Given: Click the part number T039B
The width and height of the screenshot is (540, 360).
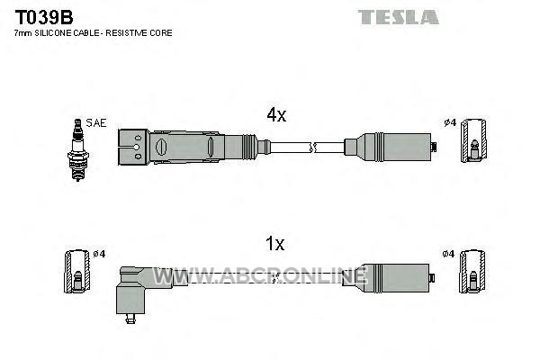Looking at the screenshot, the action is (x=44, y=17).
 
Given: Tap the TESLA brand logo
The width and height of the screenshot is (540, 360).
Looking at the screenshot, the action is (x=398, y=17).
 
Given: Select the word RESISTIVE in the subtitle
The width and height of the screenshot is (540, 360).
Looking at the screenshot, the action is (x=126, y=33).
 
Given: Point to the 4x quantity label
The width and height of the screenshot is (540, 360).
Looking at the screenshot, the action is (x=276, y=114).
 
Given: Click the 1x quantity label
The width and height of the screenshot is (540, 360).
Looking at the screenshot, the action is (x=274, y=244).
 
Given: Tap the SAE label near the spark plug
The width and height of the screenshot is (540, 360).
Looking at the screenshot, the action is (x=96, y=123).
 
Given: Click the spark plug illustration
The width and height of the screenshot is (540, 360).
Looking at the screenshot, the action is (x=77, y=150).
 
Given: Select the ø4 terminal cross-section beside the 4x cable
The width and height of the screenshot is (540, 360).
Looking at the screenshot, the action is (x=474, y=141).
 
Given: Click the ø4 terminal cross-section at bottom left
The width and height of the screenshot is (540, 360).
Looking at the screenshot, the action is (x=77, y=272).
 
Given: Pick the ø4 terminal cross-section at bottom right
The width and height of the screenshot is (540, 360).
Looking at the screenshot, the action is (x=472, y=272).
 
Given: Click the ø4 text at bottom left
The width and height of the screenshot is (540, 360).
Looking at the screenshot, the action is (x=99, y=254).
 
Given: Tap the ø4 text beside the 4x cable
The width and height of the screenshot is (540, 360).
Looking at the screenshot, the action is (x=450, y=122).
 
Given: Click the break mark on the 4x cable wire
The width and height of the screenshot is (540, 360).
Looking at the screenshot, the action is (x=312, y=148).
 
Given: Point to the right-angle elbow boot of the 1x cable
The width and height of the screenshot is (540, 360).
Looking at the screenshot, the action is (x=142, y=290).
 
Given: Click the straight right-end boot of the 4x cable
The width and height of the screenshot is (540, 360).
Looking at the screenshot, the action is (x=388, y=147).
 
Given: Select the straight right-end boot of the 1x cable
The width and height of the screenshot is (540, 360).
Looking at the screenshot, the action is (x=386, y=278).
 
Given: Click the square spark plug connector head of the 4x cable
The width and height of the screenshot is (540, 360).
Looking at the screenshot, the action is (x=133, y=147).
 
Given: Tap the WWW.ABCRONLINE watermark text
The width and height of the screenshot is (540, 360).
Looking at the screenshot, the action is (x=260, y=275).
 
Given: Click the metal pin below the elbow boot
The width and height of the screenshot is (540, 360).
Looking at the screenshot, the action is (x=130, y=319).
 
